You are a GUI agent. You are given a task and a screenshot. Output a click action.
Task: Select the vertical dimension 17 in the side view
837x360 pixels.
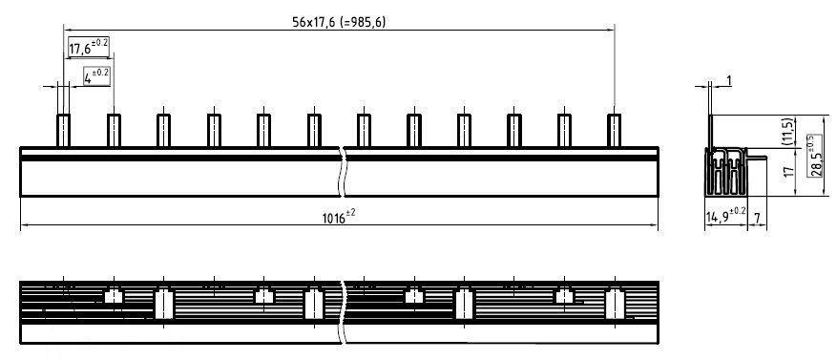point(785,174)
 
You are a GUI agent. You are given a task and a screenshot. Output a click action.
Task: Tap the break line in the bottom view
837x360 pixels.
point(343,309)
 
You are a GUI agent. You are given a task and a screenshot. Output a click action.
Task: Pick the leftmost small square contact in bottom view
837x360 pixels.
point(114,296)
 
